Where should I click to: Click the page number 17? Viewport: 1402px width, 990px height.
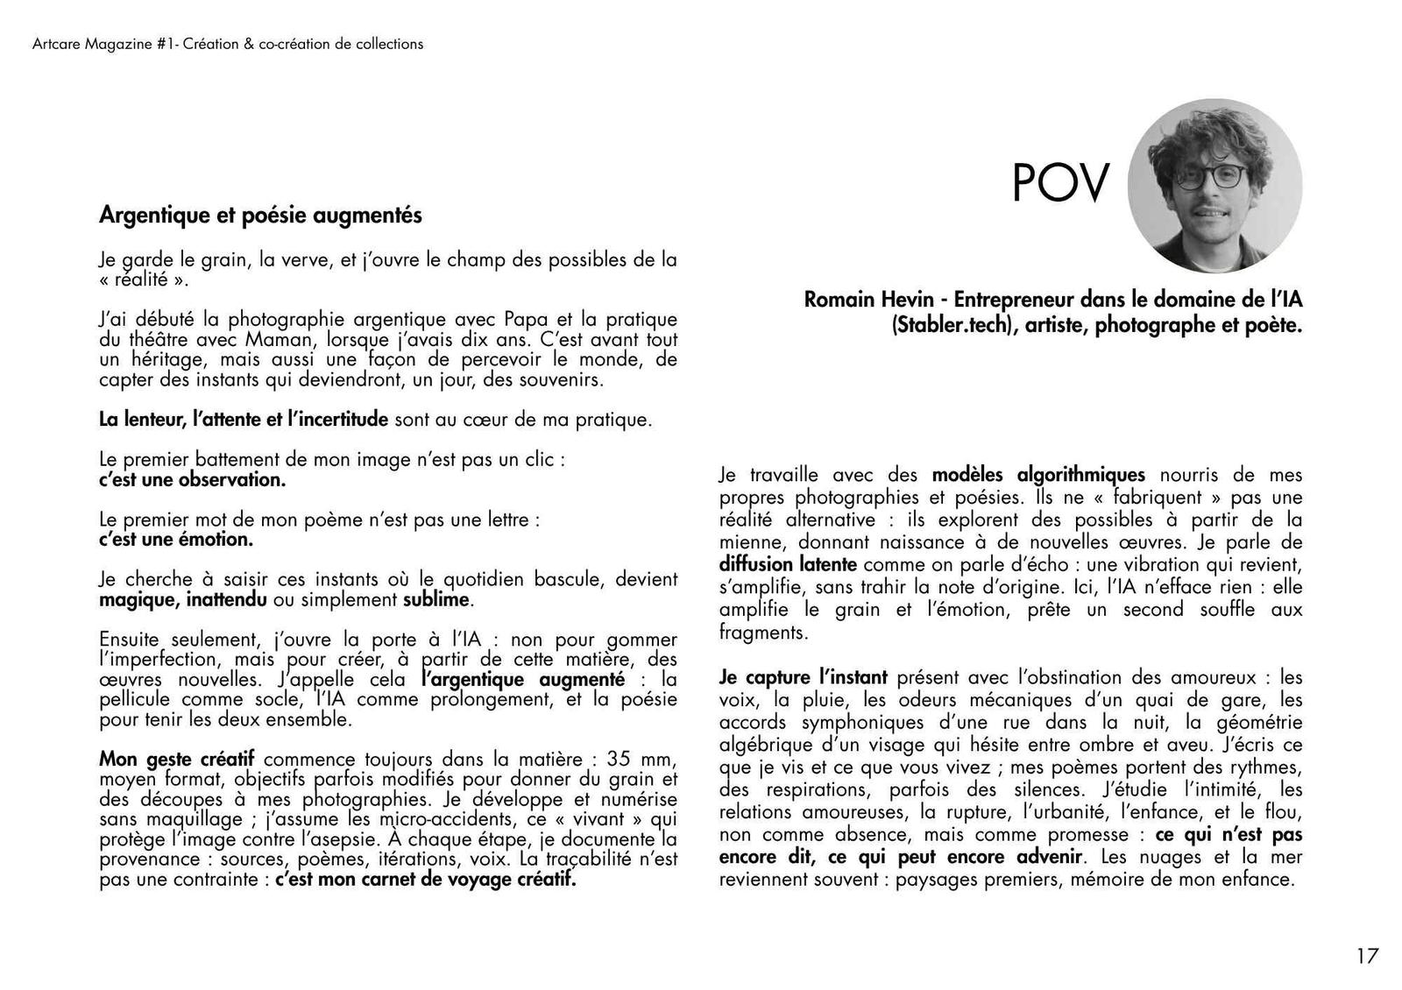click(1367, 956)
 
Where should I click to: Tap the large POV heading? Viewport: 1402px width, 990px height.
click(1060, 183)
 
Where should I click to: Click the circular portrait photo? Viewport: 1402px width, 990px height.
click(1214, 186)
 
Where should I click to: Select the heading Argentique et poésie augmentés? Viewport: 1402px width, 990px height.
click(260, 215)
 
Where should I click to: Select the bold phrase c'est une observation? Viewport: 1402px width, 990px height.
click(193, 480)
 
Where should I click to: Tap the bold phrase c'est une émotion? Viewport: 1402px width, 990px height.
click(176, 540)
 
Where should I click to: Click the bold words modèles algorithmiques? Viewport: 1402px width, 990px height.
click(1038, 475)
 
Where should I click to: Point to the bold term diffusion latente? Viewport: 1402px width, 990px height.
click(788, 564)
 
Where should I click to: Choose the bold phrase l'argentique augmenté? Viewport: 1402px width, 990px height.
click(523, 680)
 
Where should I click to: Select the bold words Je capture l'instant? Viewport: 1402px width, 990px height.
click(803, 677)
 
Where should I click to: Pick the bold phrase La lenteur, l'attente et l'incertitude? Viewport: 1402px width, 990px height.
click(244, 420)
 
